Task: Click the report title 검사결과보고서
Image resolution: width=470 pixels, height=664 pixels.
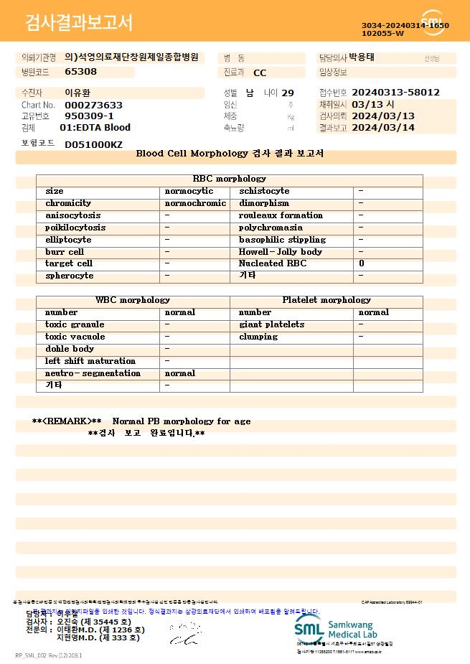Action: (x=79, y=23)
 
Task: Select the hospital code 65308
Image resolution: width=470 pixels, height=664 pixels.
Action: (x=80, y=71)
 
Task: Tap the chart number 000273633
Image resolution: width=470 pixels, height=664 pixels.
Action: (x=93, y=105)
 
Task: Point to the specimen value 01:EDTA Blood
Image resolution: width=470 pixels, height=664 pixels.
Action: (x=95, y=128)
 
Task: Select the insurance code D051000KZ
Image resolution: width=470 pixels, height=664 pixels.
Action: (x=93, y=144)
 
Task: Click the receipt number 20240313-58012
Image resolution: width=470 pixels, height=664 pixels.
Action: (x=396, y=93)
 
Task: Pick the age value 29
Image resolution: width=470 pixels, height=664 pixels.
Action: (x=288, y=93)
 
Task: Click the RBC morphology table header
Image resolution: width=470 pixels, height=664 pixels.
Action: (x=230, y=179)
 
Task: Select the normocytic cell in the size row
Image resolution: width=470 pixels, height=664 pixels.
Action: (x=189, y=191)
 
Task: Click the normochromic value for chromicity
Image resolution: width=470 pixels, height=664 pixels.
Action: (x=195, y=203)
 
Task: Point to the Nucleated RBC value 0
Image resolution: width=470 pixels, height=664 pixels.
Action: (x=362, y=263)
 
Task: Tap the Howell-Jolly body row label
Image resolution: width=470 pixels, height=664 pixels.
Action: (x=280, y=252)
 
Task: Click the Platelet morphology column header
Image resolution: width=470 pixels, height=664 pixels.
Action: (x=326, y=300)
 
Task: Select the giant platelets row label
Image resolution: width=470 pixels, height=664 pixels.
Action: (x=271, y=324)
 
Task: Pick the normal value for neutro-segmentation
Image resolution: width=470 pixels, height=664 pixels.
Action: (x=179, y=373)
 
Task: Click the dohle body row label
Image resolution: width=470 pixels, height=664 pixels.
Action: (x=70, y=349)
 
